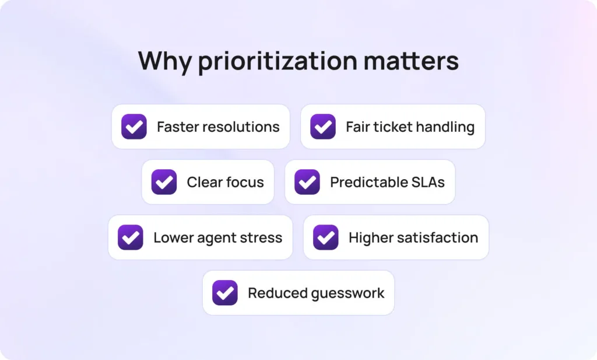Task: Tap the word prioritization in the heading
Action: point(278,61)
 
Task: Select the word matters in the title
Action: point(411,61)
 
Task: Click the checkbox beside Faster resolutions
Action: point(134,127)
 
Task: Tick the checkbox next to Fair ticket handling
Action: point(323,127)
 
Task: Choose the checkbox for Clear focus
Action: point(164,182)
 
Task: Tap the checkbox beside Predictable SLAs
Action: point(307,182)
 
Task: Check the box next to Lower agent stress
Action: point(131,237)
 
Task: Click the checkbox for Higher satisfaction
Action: point(325,237)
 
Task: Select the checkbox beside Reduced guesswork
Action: point(225,293)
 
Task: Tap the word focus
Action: point(244,183)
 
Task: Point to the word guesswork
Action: point(348,293)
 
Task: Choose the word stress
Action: point(261,238)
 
